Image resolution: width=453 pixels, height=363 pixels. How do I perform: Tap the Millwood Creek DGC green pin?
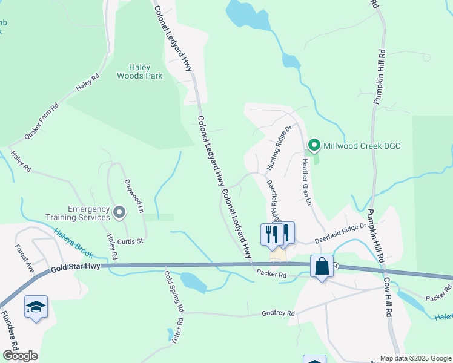(314, 145)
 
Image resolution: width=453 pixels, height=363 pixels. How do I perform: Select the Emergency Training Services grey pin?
(119, 212)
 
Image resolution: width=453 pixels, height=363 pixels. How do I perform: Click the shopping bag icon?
(322, 266)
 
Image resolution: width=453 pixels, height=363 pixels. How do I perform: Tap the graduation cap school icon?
(36, 307)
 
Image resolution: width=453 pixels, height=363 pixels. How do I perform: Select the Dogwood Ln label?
(133, 195)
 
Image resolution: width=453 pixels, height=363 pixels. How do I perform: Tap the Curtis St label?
(130, 241)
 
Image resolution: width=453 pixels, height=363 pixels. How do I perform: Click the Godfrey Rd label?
(277, 313)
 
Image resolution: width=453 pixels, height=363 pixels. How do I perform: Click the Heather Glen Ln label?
(306, 180)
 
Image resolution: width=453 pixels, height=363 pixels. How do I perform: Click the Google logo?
(20, 356)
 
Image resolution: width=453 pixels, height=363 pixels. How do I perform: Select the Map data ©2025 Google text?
(415, 358)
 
